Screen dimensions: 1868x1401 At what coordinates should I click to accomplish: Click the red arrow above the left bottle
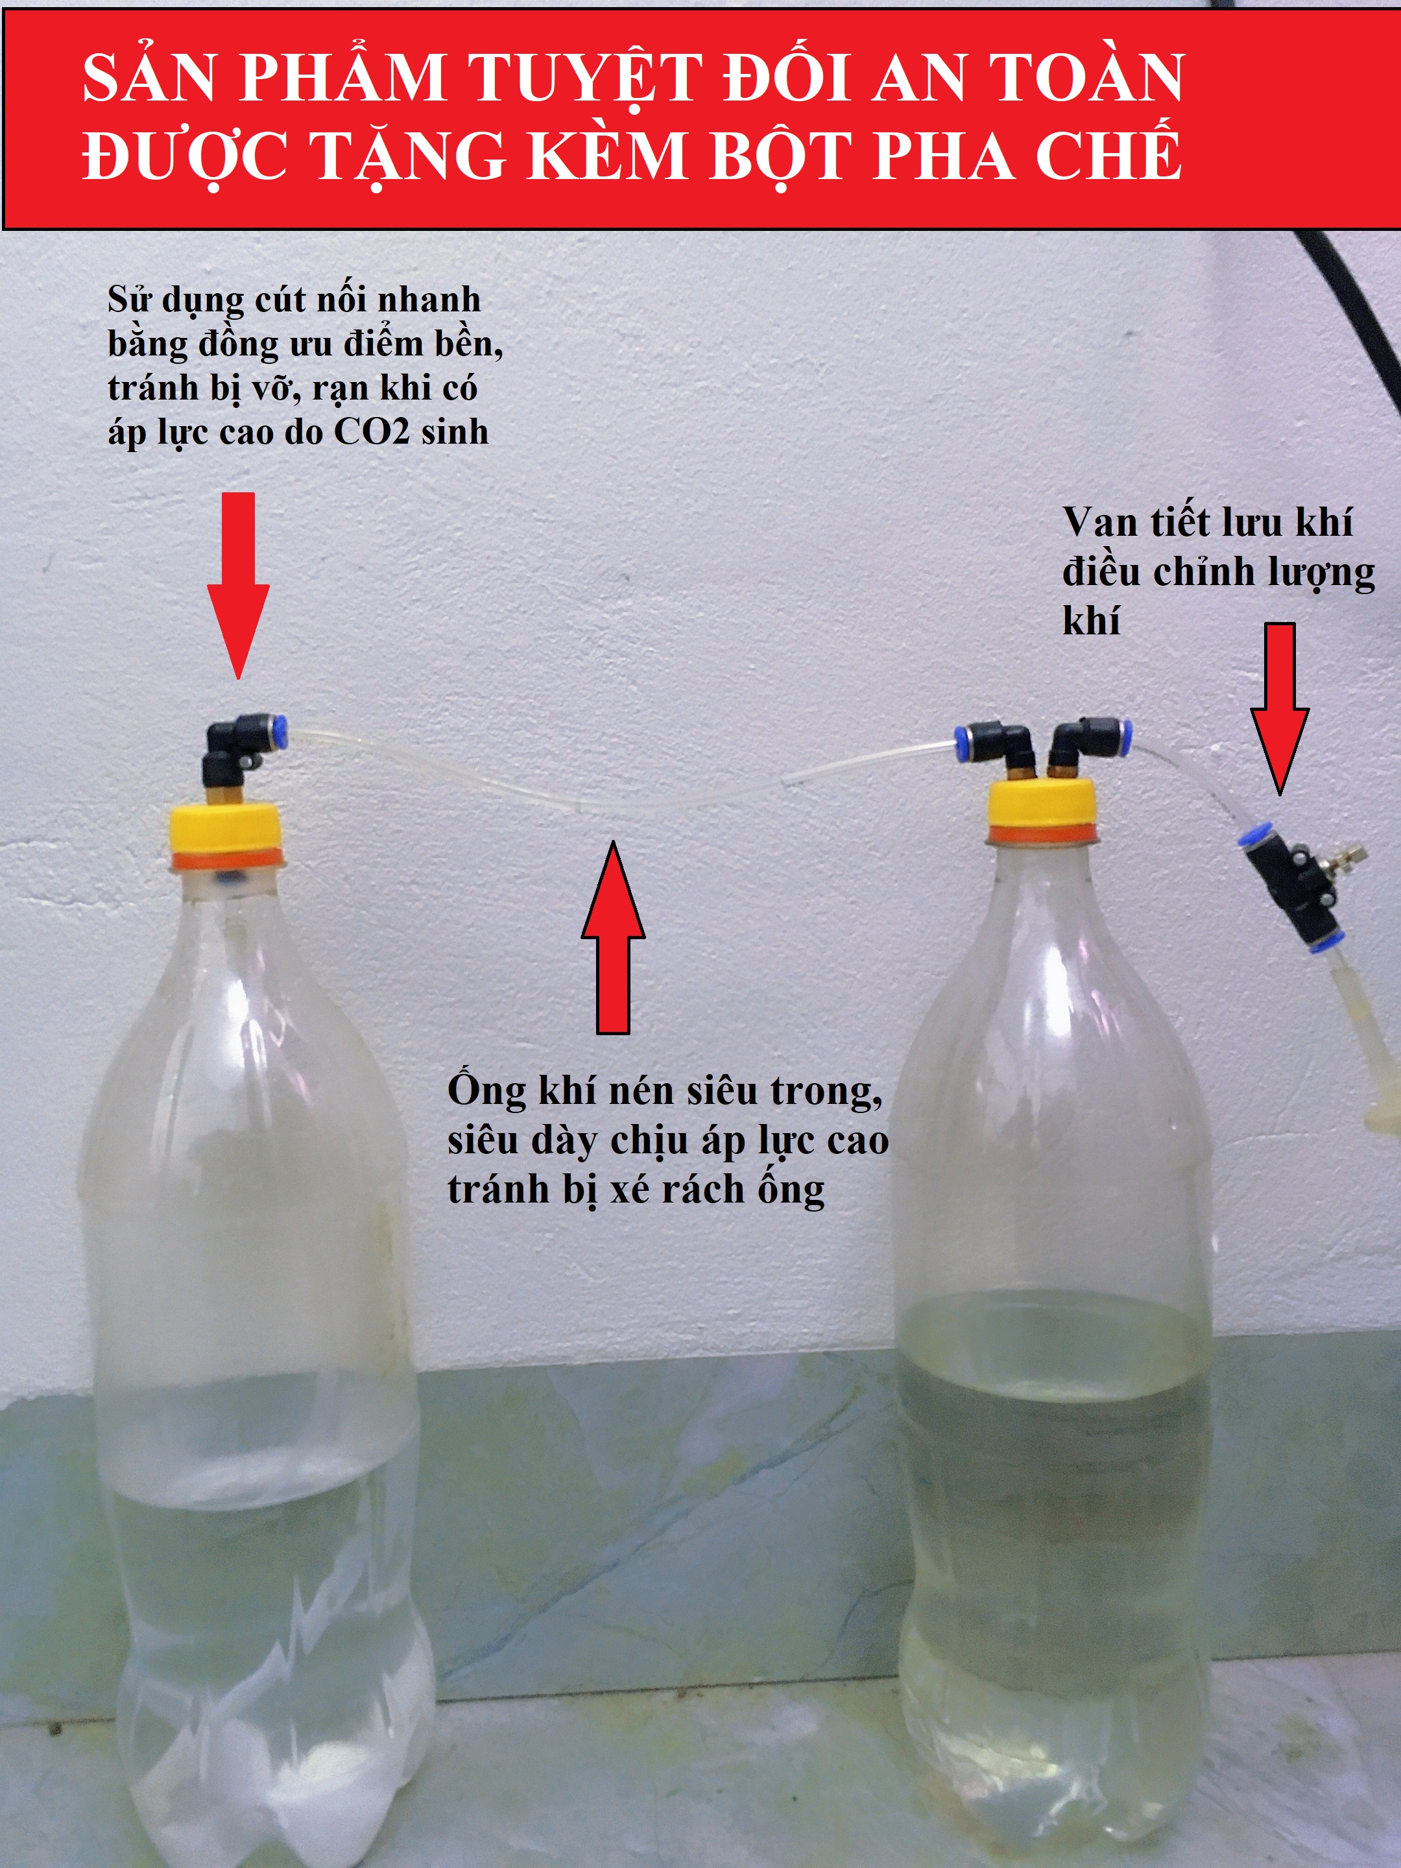click(238, 582)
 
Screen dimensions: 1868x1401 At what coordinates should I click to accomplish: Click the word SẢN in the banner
click(149, 78)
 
